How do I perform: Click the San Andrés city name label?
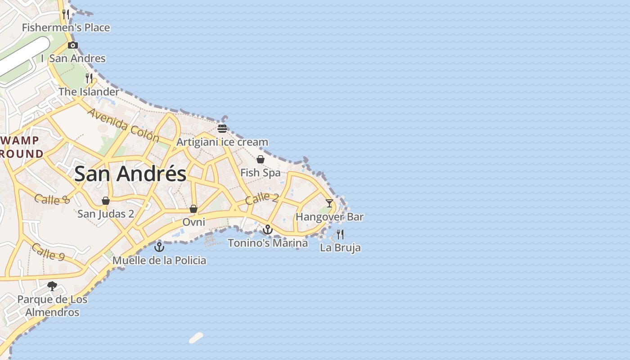pyautogui.click(x=130, y=174)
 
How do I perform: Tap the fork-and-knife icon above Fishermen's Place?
pyautogui.click(x=66, y=14)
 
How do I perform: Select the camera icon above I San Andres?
pyautogui.click(x=73, y=45)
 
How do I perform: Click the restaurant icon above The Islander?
pyautogui.click(x=89, y=78)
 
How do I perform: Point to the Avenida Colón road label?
pyautogui.click(x=123, y=125)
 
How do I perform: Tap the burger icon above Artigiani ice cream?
pyautogui.click(x=222, y=129)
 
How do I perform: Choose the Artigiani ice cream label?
pyautogui.click(x=222, y=142)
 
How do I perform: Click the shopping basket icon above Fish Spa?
pyautogui.click(x=261, y=159)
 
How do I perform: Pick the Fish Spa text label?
pyautogui.click(x=261, y=173)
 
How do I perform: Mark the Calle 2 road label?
pyautogui.click(x=262, y=198)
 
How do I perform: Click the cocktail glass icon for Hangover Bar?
pyautogui.click(x=329, y=203)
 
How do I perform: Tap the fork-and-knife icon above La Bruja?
pyautogui.click(x=340, y=234)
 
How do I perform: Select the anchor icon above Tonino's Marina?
pyautogui.click(x=268, y=230)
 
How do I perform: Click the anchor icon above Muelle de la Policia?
pyautogui.click(x=159, y=247)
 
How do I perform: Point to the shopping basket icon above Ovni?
pyautogui.click(x=193, y=209)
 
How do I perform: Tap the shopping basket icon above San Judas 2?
pyautogui.click(x=106, y=201)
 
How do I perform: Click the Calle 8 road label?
pyautogui.click(x=52, y=199)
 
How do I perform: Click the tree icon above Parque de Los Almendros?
pyautogui.click(x=52, y=286)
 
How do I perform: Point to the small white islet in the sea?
pyautogui.click(x=196, y=338)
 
